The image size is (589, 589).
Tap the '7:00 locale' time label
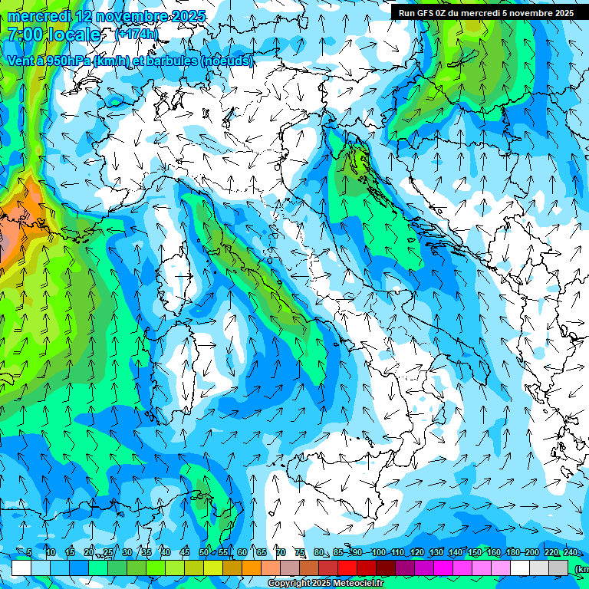click(x=54, y=35)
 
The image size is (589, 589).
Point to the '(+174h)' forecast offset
click(x=137, y=35)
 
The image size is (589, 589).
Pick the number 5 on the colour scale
click(x=29, y=553)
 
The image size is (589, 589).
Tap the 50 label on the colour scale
click(x=204, y=553)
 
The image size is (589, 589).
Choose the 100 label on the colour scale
click(x=378, y=553)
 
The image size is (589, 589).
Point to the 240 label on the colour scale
click(x=570, y=553)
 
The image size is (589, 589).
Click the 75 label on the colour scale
click(x=300, y=553)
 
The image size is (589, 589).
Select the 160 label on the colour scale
click(x=493, y=553)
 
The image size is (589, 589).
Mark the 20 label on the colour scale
click(x=88, y=553)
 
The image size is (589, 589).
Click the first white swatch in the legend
click(x=21, y=568)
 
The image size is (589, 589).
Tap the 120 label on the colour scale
click(x=416, y=553)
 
